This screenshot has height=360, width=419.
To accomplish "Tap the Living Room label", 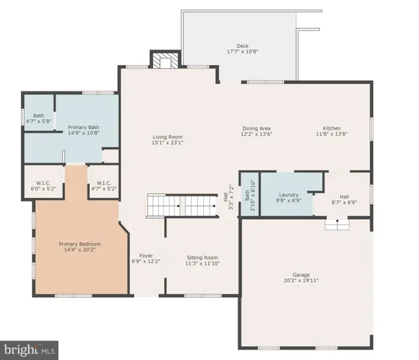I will coord(168,136).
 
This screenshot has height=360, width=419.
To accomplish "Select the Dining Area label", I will coord(256,128).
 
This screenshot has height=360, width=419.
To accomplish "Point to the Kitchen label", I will coord(332,128).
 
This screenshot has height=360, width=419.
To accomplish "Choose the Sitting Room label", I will coord(202,257).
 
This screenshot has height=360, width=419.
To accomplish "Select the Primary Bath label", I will coord(83,127).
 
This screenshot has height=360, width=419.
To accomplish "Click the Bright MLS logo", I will coord(30,349).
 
